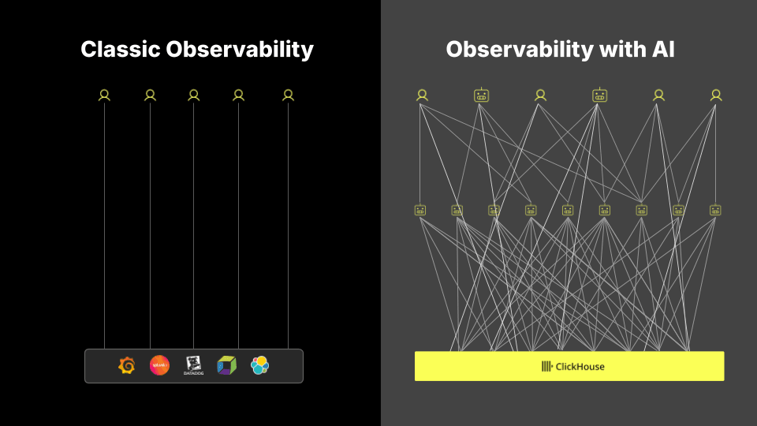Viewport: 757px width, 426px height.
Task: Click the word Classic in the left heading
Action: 120,50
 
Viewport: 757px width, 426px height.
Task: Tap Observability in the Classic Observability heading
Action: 240,50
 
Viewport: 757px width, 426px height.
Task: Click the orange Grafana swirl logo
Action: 126,365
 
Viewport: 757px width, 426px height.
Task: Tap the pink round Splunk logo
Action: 159,365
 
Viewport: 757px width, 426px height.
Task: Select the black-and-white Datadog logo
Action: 193,365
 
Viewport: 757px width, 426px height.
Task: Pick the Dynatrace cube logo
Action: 226,365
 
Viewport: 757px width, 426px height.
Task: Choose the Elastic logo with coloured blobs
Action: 260,365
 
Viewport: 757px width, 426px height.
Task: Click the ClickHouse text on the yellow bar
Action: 580,366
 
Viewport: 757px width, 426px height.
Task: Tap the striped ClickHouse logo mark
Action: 546,366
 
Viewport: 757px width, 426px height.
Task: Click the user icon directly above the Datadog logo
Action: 193,95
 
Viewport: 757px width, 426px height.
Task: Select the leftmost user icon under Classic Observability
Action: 104,95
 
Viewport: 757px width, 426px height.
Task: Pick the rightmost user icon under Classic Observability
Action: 288,95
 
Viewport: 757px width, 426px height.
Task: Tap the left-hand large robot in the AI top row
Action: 481,95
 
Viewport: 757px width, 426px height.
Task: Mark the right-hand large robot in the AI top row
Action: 599,95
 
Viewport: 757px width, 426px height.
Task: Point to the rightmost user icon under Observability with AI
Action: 716,95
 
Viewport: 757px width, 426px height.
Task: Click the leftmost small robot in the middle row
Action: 420,210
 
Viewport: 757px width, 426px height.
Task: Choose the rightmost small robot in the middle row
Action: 715,210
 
